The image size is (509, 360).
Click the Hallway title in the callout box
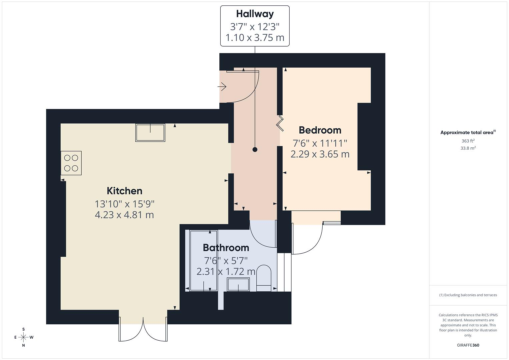click(x=255, y=14)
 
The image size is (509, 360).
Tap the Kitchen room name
click(x=125, y=191)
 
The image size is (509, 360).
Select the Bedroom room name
click(x=320, y=130)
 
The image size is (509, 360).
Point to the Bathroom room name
click(x=226, y=247)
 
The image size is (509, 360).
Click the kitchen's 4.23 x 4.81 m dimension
click(x=124, y=215)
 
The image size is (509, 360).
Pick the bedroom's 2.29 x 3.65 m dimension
click(x=320, y=154)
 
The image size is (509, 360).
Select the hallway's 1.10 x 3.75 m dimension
click(x=255, y=37)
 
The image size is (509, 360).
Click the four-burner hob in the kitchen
click(x=71, y=163)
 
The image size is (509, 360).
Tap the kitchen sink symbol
click(x=150, y=133)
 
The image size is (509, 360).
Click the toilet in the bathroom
click(x=264, y=278)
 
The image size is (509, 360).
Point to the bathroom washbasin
click(x=238, y=284)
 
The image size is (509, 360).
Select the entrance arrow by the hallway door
click(x=222, y=87)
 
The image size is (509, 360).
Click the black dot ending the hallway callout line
click(x=255, y=150)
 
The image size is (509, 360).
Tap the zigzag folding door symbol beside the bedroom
click(x=280, y=124)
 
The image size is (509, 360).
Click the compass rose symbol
click(x=23, y=337)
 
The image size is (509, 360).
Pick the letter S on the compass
click(x=23, y=329)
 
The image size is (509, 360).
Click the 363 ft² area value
click(x=468, y=141)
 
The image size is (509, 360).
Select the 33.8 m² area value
click(x=468, y=148)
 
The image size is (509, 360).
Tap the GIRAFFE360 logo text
click(x=468, y=345)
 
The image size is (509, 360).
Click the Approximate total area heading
click(x=468, y=132)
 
